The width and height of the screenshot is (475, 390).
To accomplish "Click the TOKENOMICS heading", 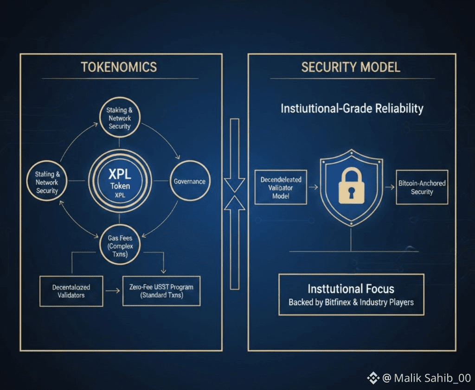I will tap(119, 67).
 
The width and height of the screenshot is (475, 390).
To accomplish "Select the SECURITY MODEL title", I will tap(351, 67).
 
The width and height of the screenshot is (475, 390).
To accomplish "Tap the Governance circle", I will tap(189, 182).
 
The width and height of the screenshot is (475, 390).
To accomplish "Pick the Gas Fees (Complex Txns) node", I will tap(120, 246).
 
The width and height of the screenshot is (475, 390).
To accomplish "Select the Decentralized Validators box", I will tap(71, 291).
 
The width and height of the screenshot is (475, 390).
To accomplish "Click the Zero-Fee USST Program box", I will tap(161, 291).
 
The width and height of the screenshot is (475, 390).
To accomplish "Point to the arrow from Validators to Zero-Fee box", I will tap(113, 291).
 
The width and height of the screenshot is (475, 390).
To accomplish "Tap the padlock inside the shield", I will tap(351, 185).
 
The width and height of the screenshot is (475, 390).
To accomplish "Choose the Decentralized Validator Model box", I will tap(281, 188).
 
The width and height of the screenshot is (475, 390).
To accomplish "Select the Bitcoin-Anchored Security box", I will tap(422, 187).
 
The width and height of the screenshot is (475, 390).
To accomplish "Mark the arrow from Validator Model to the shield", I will tap(313, 188).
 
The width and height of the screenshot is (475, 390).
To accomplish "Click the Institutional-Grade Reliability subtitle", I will tap(352, 109).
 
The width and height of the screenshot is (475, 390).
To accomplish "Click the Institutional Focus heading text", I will tap(351, 289).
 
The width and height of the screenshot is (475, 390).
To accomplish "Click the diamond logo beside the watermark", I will tap(373, 378).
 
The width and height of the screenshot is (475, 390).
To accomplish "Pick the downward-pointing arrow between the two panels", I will tap(235, 153).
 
